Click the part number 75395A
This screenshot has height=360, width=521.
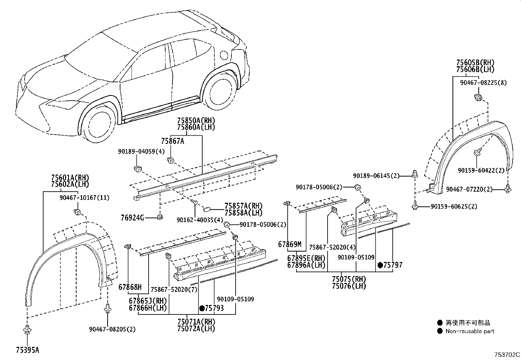coord(27,350)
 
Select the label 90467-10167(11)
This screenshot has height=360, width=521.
coord(84,198)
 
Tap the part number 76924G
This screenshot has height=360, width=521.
coord(132,218)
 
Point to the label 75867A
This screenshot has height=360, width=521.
coord(172,141)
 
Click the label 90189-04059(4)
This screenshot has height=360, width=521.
coord(141,152)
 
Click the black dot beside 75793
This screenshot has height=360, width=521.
coord(202,308)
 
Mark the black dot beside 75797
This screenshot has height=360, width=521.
coord(380,265)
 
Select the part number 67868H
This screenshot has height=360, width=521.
coord(130,287)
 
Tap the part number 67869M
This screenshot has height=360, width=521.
coord(289,244)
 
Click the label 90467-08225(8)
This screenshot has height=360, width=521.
coord(483,83)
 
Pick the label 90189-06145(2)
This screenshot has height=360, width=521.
coord(376,176)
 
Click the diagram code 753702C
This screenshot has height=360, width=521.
coord(507,354)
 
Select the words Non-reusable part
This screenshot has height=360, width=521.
coord(470,331)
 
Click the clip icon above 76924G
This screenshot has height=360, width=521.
coord(160,217)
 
